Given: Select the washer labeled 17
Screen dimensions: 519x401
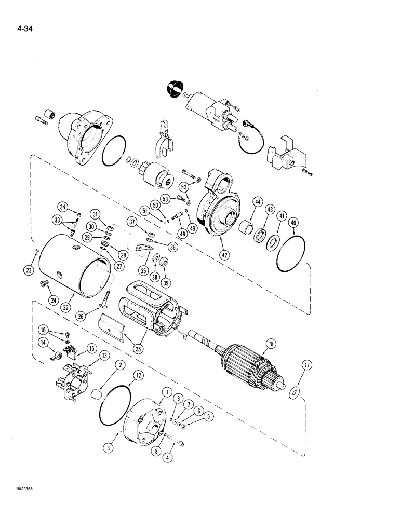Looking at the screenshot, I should point(293,393).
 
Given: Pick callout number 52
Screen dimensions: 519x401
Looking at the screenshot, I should point(184,187).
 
